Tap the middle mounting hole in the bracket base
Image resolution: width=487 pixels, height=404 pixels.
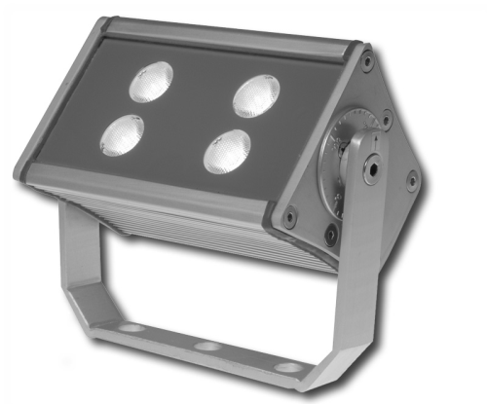206,347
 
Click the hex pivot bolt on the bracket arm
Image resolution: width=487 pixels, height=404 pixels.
372,167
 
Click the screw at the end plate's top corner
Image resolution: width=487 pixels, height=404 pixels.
367,62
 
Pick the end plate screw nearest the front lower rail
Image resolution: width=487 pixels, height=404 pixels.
290,218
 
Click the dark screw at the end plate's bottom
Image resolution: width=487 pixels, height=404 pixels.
331,234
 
